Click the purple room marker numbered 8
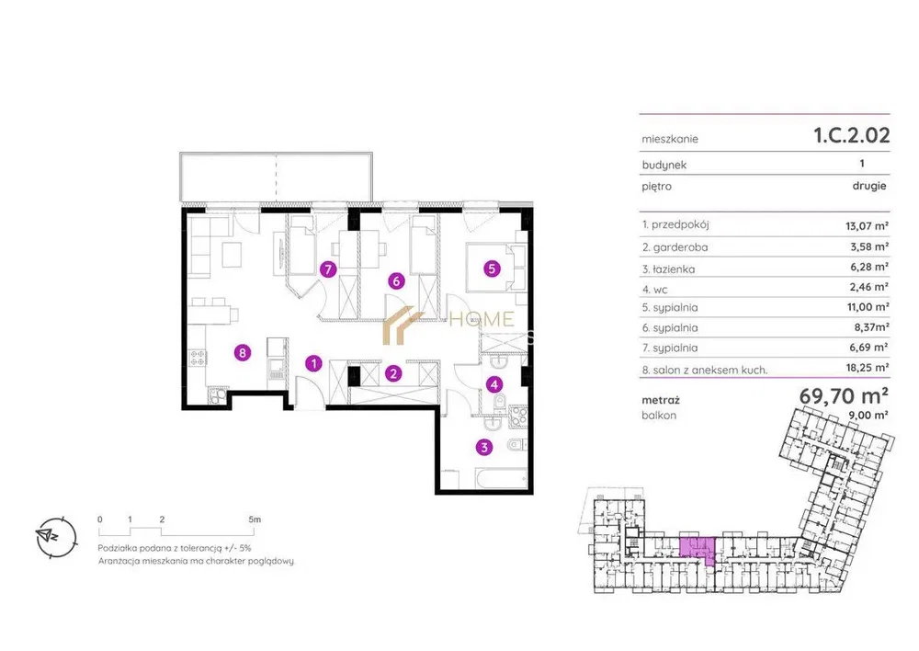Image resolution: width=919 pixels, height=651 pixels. [242, 352]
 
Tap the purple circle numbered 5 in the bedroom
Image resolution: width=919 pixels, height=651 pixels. [492, 268]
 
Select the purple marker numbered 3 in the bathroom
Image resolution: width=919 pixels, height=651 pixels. [483, 448]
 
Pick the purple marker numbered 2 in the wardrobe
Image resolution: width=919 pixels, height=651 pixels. [393, 373]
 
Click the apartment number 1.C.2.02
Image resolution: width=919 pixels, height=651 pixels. [852, 135]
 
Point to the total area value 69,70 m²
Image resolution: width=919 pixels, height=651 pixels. [844, 396]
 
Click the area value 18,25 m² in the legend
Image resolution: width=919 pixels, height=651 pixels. [863, 368]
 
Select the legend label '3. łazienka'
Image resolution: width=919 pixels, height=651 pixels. [668, 269]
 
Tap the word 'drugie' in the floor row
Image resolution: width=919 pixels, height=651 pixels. [869, 186]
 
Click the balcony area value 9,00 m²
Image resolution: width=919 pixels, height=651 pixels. [868, 415]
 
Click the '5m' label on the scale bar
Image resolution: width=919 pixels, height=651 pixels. [255, 519]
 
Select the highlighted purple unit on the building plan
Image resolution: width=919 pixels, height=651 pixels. [698, 549]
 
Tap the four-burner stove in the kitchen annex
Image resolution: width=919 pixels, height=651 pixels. [198, 357]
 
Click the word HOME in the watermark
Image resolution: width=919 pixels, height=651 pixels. [482, 320]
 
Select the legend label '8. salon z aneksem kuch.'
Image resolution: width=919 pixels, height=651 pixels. [705, 370]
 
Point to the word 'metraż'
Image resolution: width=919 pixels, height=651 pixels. [661, 401]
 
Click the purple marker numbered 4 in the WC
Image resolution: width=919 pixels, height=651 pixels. [494, 384]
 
